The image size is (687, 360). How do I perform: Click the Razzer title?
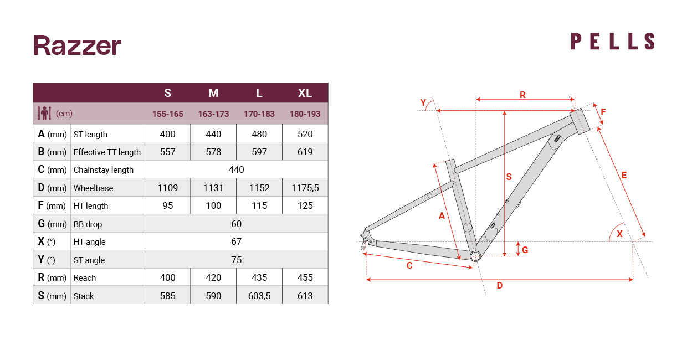(x=78, y=45)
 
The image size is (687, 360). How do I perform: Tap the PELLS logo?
(x=613, y=42)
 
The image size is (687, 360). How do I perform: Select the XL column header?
(x=305, y=93)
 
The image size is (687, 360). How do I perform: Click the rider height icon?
(x=44, y=113)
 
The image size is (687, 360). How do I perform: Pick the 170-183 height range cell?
(x=259, y=114)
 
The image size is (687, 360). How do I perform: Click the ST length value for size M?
(x=213, y=134)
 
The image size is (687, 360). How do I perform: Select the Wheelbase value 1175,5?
(x=305, y=188)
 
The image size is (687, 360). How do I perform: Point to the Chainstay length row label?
(x=104, y=170)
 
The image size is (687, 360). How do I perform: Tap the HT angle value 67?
(x=236, y=241)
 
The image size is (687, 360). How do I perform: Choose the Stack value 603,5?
(x=259, y=296)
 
